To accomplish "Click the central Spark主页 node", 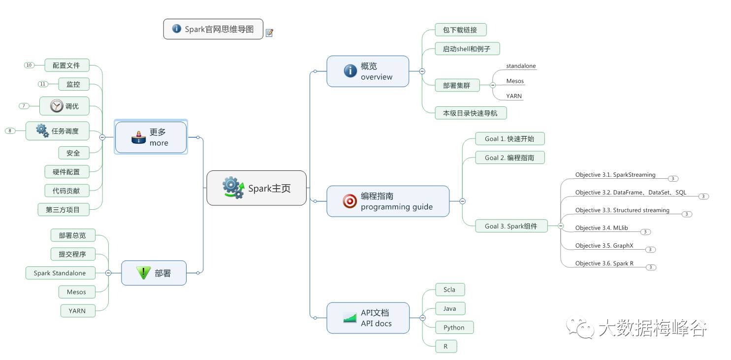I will coord(256,188).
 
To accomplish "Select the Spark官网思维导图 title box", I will coord(213,29).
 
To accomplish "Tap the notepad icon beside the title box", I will coord(269,33).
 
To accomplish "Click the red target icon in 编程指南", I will coord(350,201).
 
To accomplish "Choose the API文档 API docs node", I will coord(368,318).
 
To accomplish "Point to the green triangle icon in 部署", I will coord(143,272).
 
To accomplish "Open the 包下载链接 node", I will coord(460,30).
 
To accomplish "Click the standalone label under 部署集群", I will coord(521,66).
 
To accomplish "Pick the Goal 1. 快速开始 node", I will coord(509,138).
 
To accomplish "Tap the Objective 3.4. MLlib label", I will coord(602,228).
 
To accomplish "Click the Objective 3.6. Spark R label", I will coord(604,263).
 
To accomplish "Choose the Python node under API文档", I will coord(454,327).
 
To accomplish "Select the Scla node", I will coord(449,290).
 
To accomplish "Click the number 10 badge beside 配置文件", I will coord(29,65).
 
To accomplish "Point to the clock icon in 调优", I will coord(57,105).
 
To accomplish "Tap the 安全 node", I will coord(73,153).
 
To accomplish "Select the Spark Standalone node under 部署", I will coord(60,273).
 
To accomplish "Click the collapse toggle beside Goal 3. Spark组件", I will coord(560,226).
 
